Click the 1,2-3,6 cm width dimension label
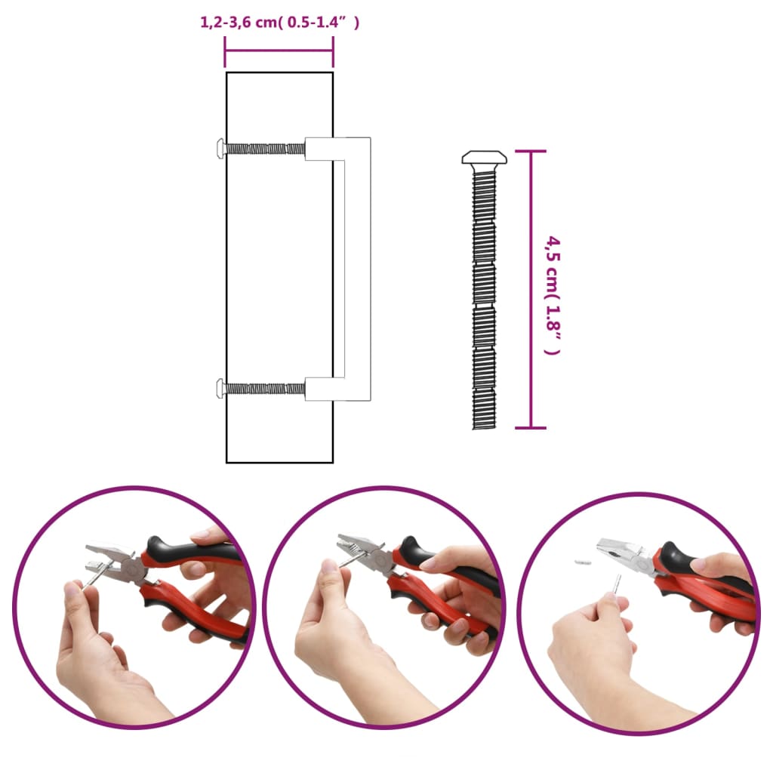click(x=279, y=23)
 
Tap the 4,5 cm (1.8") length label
click(x=553, y=294)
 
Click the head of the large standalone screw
click(x=484, y=158)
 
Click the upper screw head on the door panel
click(x=220, y=149)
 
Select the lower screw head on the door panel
click(x=220, y=389)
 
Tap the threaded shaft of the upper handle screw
click(x=264, y=149)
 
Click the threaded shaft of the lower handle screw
click(x=264, y=389)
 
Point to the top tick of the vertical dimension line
click(x=531, y=152)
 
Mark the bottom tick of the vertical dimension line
click(x=531, y=428)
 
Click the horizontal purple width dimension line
click(x=279, y=51)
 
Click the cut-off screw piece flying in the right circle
click(x=582, y=562)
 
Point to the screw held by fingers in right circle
click(x=617, y=585)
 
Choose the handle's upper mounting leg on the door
click(x=321, y=149)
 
